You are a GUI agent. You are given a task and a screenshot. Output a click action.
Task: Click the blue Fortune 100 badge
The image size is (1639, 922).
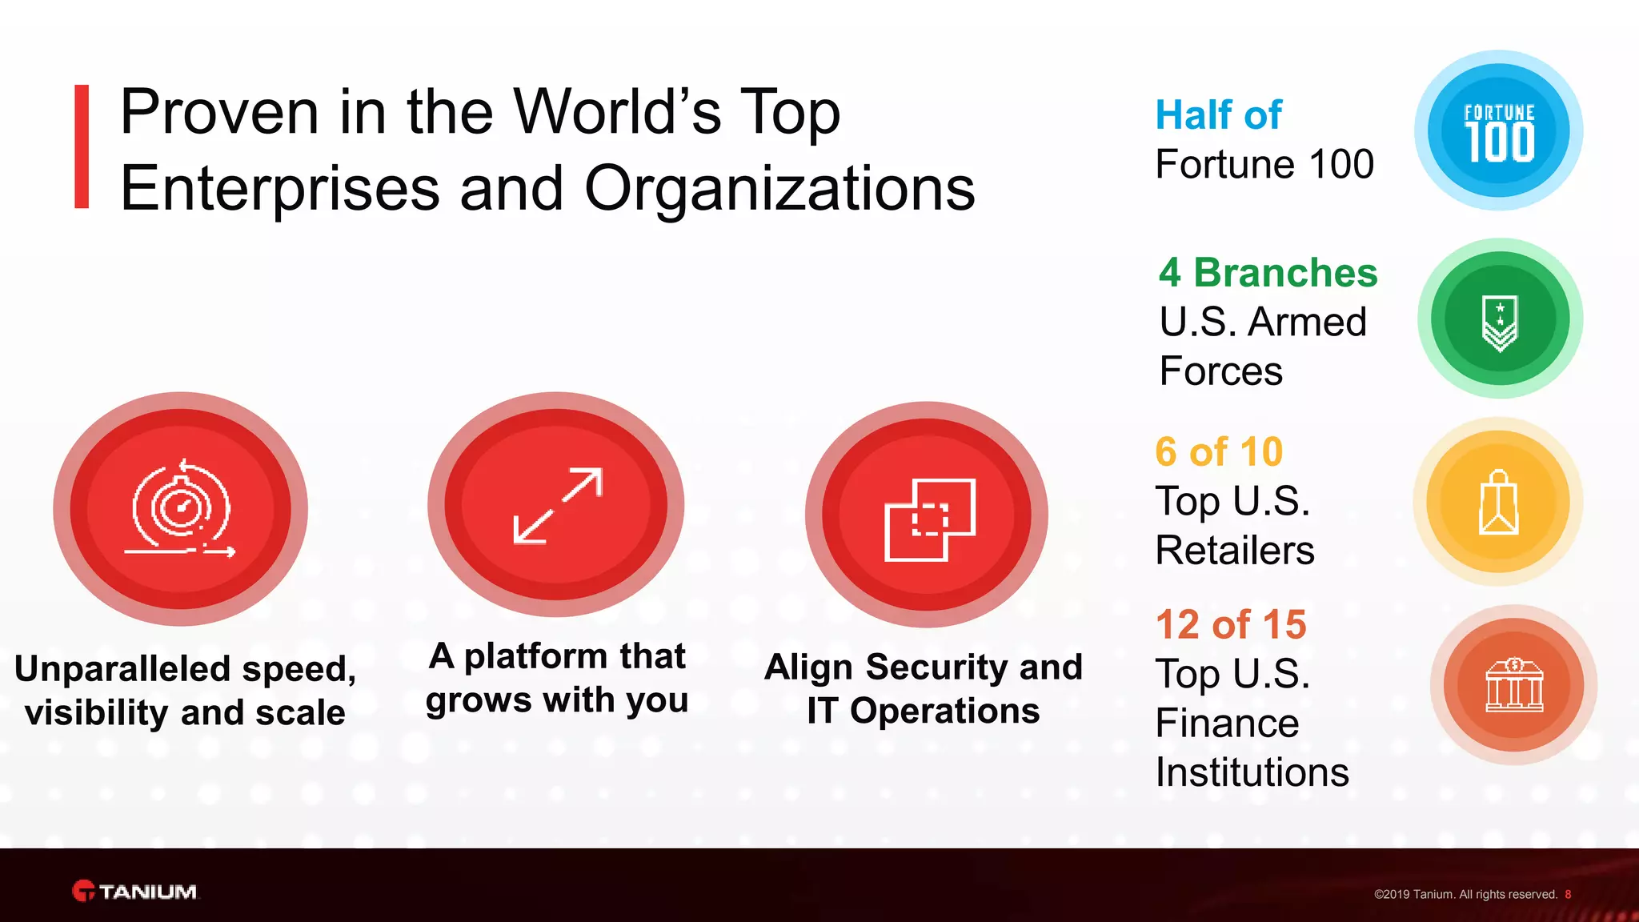[1498, 130]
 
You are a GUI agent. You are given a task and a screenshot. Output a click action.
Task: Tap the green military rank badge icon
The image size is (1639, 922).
[1500, 319]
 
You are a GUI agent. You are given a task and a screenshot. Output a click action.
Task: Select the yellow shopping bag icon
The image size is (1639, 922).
[1498, 503]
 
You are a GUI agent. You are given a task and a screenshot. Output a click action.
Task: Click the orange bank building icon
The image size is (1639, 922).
[1513, 685]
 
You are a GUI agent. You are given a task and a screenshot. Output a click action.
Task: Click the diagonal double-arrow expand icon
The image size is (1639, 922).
[557, 506]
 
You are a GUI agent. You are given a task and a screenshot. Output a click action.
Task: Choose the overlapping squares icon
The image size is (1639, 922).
[928, 519]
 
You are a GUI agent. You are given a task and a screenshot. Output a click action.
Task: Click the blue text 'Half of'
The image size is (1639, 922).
[1218, 115]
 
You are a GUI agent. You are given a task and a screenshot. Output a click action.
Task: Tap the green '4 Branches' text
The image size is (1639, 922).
[1268, 273]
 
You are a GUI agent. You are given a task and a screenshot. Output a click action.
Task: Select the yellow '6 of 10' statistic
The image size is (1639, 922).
[1218, 452]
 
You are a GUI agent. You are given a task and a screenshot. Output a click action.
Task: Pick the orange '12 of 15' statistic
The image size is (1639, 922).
[1230, 625]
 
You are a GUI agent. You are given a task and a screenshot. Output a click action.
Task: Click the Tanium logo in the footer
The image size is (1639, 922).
[134, 891]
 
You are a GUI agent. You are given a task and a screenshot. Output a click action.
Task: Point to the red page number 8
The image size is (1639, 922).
[1568, 895]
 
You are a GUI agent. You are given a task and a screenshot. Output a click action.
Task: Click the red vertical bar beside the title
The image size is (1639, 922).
[82, 146]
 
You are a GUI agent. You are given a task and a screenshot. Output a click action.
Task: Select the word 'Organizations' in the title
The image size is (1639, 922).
[779, 189]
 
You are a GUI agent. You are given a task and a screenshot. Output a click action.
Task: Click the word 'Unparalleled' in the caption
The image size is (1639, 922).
[122, 669]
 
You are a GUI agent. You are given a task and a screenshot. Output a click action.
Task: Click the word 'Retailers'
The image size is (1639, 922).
[1234, 551]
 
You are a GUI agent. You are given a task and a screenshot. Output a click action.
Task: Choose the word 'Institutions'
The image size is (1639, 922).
[1252, 772]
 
